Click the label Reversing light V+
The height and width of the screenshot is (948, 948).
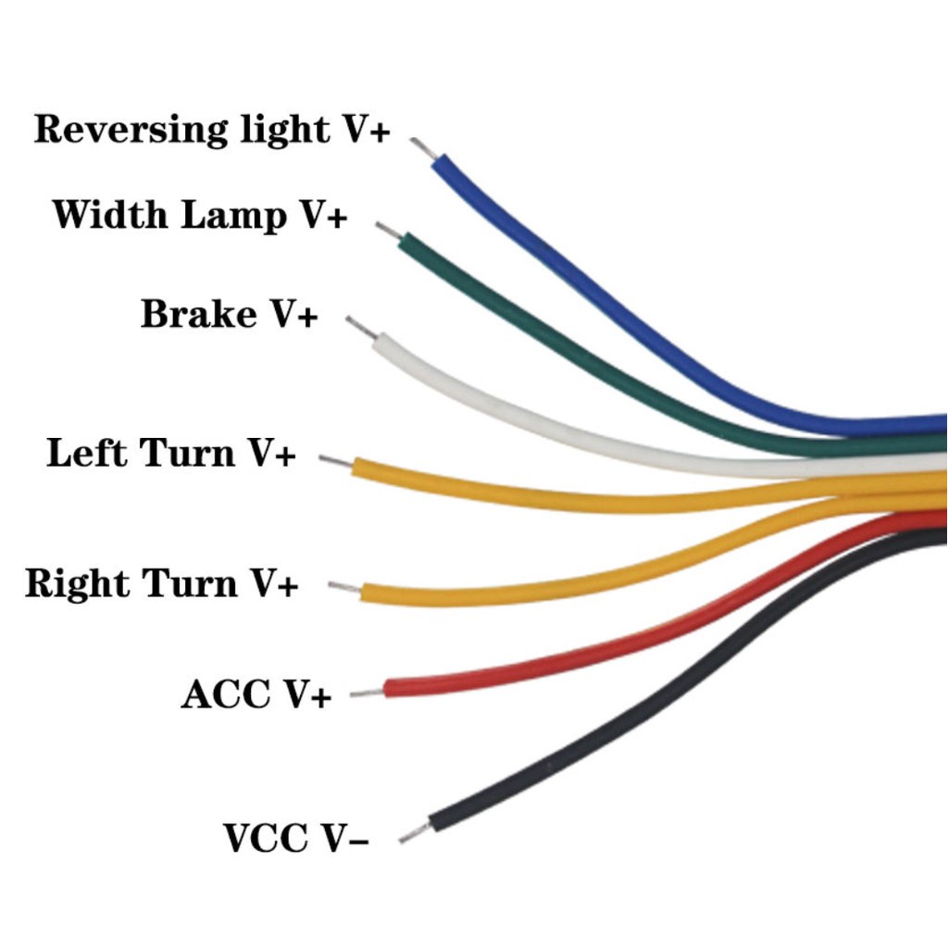[212, 130]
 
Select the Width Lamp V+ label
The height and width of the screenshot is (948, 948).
[199, 215]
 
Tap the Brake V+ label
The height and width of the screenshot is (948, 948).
[229, 315]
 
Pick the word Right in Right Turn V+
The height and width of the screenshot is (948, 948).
[78, 584]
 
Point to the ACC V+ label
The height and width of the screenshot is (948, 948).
[256, 694]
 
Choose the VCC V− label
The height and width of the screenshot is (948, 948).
[296, 839]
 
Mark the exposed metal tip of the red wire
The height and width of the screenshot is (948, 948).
[368, 691]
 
